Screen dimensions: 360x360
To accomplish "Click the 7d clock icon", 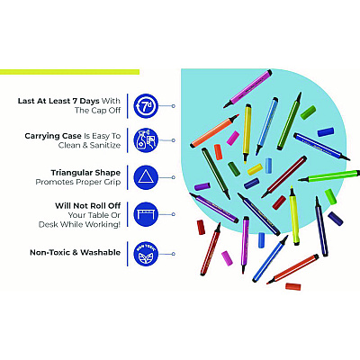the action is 146,106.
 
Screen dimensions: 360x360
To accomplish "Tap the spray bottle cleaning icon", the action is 146,140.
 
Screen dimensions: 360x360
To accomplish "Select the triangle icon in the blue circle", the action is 146,177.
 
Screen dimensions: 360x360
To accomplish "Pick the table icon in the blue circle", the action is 146,214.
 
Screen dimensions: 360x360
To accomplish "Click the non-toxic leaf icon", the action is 146,254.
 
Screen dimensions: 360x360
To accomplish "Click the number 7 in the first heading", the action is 75,101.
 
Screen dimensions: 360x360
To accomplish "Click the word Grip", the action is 112,182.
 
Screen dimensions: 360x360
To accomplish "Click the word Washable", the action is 100,253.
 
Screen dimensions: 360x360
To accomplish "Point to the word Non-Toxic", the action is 50,253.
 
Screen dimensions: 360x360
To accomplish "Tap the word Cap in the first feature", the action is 99,111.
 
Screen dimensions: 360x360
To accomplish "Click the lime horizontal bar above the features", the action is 69,72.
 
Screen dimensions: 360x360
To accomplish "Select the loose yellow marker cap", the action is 255,169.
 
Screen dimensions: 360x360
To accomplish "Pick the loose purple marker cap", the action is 202,186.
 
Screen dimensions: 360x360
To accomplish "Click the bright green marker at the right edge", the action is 329,175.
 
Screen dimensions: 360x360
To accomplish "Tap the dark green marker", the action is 216,174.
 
